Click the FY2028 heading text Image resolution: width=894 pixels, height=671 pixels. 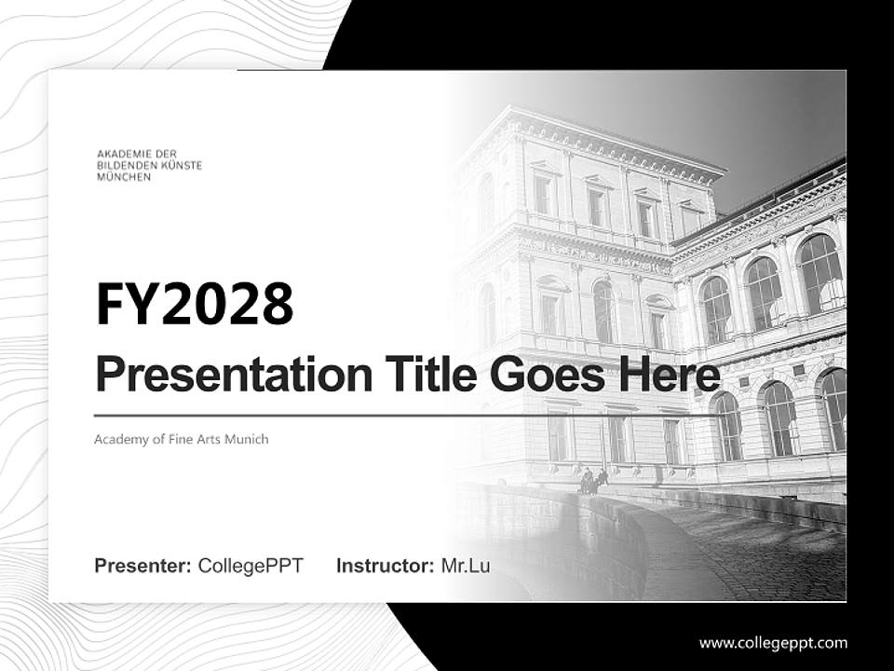(195, 304)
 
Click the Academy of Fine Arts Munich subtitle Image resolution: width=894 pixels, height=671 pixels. (181, 439)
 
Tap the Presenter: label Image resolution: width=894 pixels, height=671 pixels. (143, 566)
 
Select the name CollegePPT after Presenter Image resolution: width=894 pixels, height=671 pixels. (251, 566)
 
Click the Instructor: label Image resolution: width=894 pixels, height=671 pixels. (385, 566)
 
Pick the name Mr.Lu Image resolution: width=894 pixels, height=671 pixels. (465, 566)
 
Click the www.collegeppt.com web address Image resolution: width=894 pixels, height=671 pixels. (773, 643)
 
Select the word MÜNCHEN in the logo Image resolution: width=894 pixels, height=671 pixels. (124, 177)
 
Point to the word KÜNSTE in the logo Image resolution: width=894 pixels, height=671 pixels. (183, 165)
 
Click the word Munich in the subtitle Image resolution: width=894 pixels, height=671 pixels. (249, 439)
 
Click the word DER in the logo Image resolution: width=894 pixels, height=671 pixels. (165, 153)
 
